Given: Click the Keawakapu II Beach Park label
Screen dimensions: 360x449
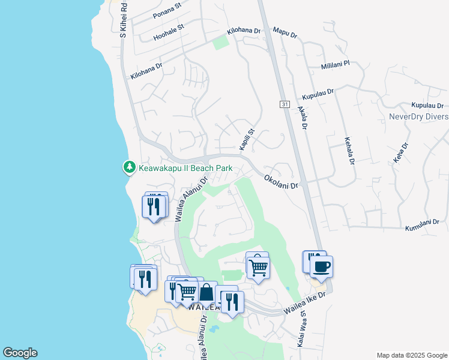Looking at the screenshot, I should pos(185,168).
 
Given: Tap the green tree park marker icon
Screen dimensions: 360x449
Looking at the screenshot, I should pos(128,167).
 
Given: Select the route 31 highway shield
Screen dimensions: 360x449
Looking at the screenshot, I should pos(284,104).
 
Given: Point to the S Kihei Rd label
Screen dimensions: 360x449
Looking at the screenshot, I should pos(123,20).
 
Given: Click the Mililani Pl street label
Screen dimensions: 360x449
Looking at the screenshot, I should pos(339,66).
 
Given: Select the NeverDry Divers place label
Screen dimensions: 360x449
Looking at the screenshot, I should pos(418,116).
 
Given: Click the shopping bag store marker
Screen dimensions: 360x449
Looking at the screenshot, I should pos(206,293).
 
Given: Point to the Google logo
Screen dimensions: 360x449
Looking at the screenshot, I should pos(20,353).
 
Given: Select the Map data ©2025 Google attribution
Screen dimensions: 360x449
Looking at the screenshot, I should pos(412,355).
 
